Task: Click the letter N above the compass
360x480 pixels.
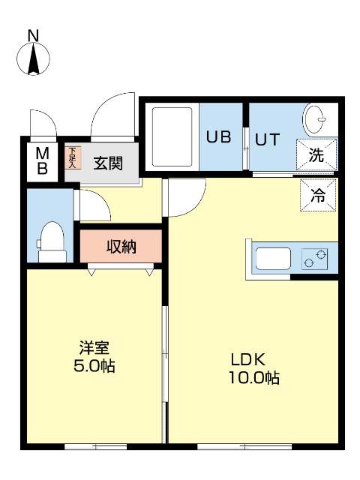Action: [33, 35]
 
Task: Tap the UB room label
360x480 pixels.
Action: [219, 138]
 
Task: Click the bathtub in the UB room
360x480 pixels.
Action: [174, 137]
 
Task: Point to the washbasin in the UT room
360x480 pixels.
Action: [315, 119]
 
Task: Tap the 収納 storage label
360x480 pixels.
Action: [121, 246]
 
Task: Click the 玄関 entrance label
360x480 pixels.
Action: [109, 162]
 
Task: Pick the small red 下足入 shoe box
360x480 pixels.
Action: [72, 157]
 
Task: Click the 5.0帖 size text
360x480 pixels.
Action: [95, 367]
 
